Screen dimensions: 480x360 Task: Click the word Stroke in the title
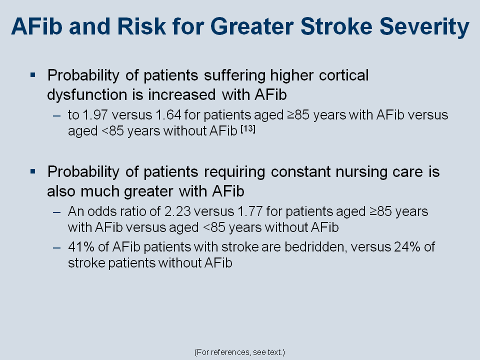click(x=336, y=26)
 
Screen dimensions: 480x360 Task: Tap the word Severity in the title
click(x=424, y=27)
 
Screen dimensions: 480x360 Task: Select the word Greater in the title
click(x=252, y=26)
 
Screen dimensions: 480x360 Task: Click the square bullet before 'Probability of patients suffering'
click(x=33, y=74)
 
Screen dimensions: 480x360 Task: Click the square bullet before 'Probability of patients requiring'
click(x=33, y=171)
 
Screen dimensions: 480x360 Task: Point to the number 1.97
click(x=95, y=115)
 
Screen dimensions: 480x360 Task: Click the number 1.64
click(x=168, y=115)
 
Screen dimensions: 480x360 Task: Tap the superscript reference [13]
click(x=248, y=129)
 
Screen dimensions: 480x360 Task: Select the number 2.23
click(x=177, y=211)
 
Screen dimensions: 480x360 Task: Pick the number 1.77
click(x=250, y=211)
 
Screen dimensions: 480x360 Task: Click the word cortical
click(x=344, y=75)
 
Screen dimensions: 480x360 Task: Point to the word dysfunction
click(x=86, y=95)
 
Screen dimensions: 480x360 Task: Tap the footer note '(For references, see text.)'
click(x=239, y=352)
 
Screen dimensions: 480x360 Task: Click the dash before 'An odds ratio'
click(x=56, y=212)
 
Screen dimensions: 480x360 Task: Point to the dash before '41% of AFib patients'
click(x=56, y=247)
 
